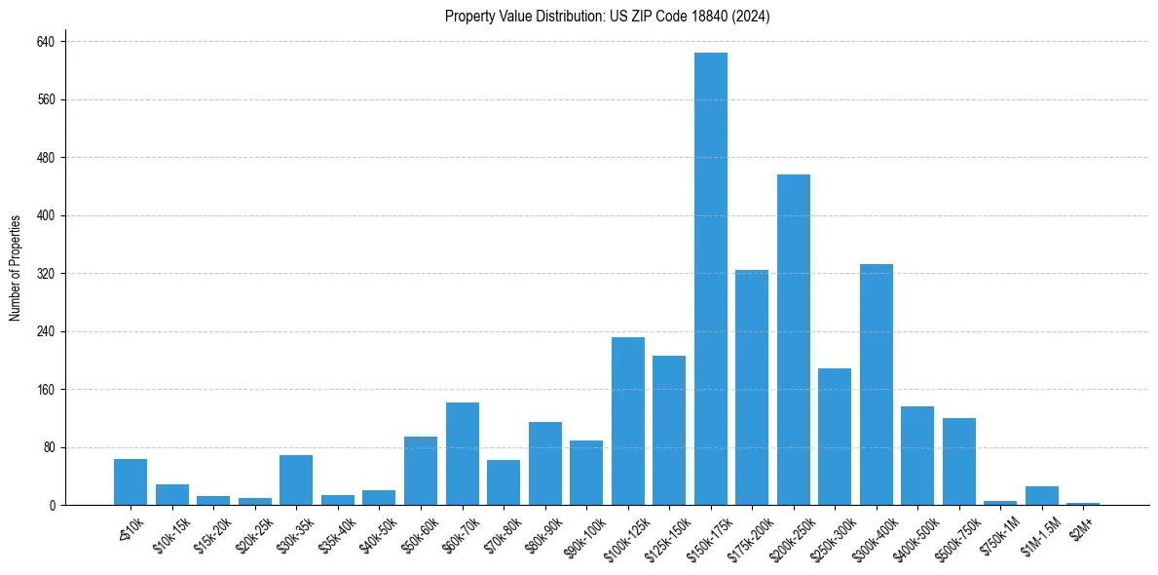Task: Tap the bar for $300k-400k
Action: [x=877, y=384]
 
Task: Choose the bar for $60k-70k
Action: [x=463, y=453]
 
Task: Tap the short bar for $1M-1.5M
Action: [x=1042, y=495]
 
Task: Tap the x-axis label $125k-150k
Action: [x=667, y=534]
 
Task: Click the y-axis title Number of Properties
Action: [x=16, y=268]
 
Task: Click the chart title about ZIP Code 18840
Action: [x=607, y=17]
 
